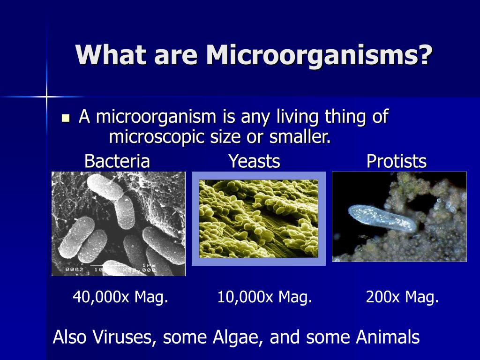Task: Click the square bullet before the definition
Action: [65, 118]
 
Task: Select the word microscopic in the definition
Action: [157, 136]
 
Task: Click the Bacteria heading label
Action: [117, 161]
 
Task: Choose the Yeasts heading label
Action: [255, 161]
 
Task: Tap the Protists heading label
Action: [397, 161]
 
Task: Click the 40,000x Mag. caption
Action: [120, 297]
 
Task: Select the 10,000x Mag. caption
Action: [265, 297]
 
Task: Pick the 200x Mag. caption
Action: [402, 297]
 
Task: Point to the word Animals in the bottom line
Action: [388, 337]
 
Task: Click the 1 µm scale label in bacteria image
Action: [149, 265]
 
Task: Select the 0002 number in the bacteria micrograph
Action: [75, 270]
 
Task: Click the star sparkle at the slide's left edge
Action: [46, 97]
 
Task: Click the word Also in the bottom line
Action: [70, 337]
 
